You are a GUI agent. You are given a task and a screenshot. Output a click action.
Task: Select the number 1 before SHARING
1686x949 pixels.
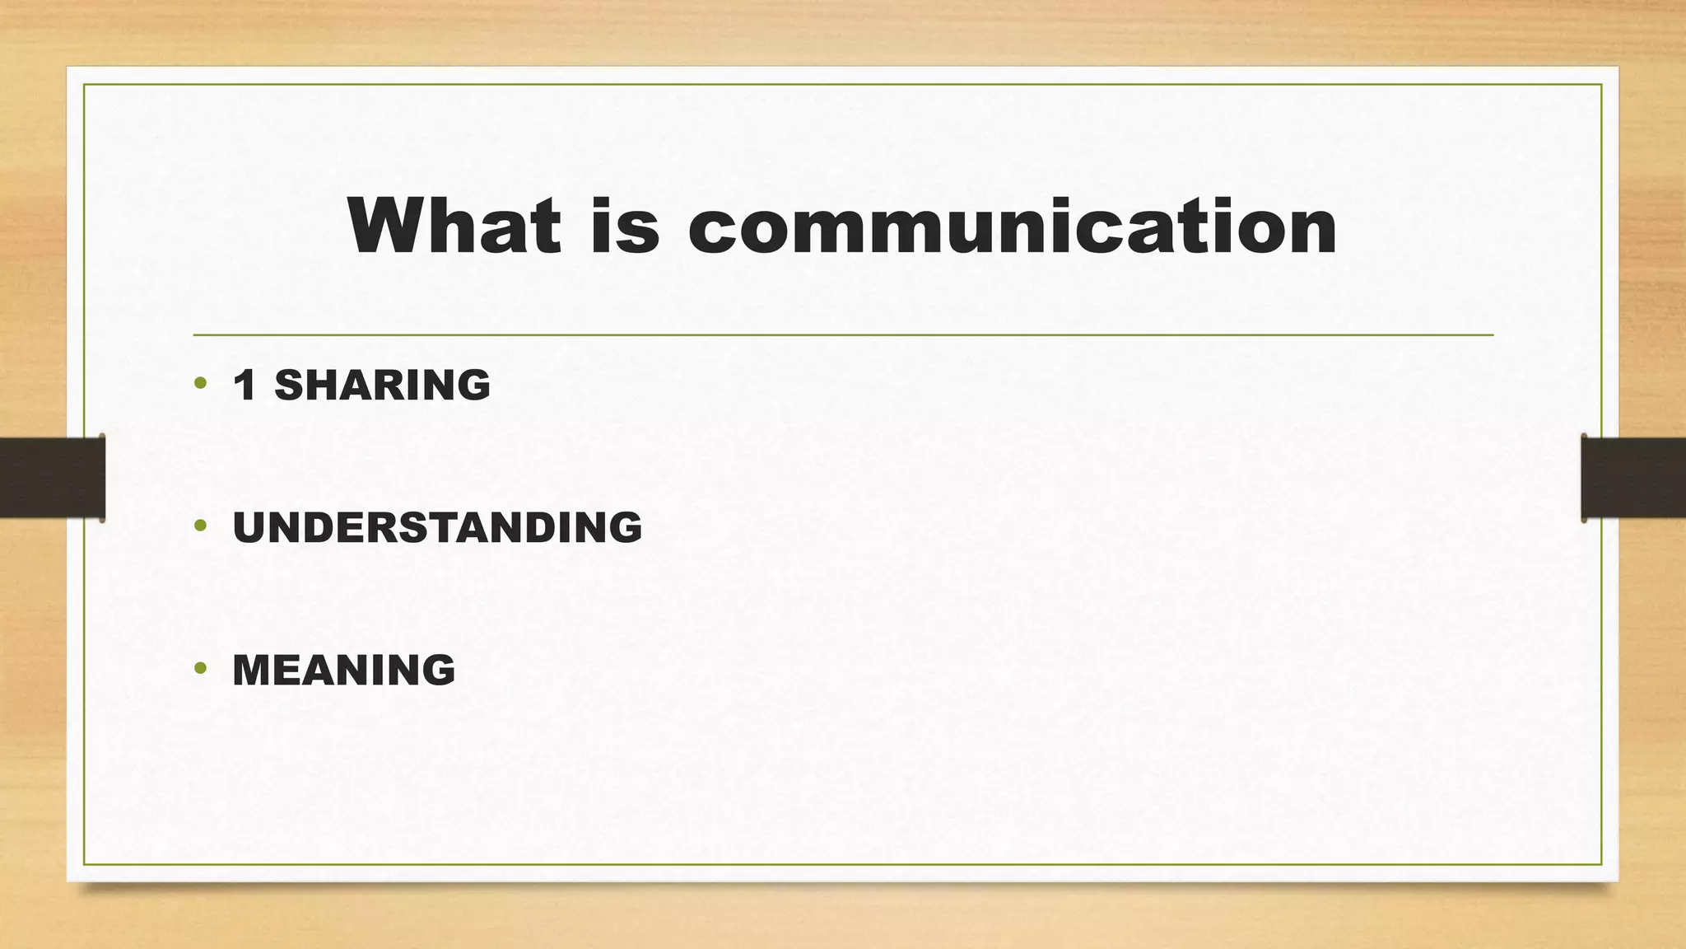coord(245,385)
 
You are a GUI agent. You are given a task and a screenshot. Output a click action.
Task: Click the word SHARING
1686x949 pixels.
coord(382,385)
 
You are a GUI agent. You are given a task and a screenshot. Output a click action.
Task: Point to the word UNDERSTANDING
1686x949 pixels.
coord(437,527)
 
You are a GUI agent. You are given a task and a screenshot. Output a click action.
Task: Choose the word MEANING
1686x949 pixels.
coord(344,670)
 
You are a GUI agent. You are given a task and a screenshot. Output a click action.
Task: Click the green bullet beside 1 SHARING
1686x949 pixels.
coord(200,383)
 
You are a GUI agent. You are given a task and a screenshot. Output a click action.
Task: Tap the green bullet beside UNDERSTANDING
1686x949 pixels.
coord(200,526)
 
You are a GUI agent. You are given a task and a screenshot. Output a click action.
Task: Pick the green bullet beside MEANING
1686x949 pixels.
coord(200,668)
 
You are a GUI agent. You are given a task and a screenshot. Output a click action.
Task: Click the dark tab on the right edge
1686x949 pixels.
coord(1633,477)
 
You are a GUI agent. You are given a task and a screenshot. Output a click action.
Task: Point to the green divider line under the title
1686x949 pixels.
coord(843,335)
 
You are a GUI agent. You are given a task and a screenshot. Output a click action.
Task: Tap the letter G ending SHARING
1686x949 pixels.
coord(473,385)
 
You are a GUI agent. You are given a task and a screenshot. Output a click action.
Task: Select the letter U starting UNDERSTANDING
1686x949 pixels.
coord(249,527)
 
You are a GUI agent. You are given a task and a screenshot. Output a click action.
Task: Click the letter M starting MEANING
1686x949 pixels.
coord(254,670)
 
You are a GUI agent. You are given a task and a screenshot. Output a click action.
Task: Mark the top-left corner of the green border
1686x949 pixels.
coord(85,85)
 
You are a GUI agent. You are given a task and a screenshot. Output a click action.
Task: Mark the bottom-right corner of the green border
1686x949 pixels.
coord(1601,864)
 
